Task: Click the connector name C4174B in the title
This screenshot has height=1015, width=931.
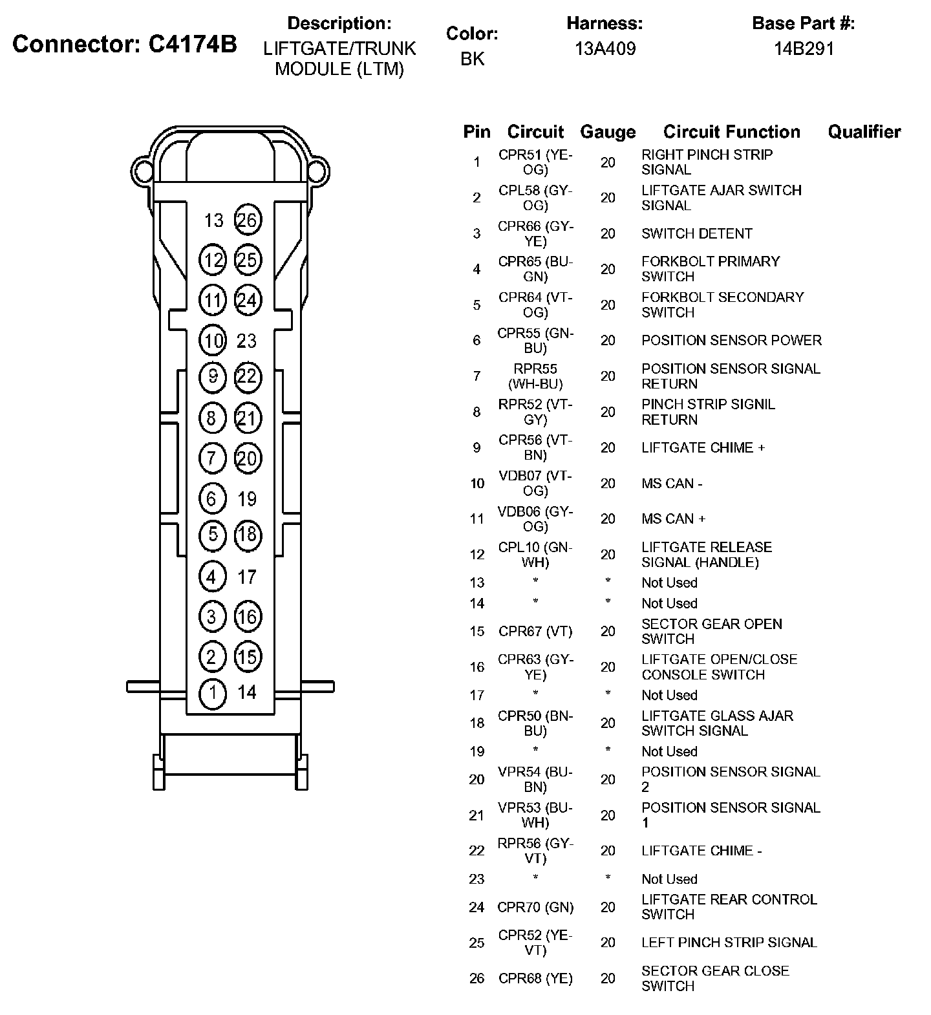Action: pos(193,44)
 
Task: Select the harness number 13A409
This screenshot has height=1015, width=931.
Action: pos(605,48)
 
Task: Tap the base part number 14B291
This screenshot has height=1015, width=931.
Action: pos(804,48)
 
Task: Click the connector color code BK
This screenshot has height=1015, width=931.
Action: pos(472,59)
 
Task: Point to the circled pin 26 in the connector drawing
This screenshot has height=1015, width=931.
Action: pos(247,220)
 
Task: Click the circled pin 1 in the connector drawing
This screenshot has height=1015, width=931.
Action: pos(213,693)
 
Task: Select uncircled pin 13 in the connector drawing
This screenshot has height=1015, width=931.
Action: pos(213,221)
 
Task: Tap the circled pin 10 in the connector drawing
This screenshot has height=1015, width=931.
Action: pos(213,341)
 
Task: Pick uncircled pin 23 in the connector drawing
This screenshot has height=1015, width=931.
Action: pos(247,341)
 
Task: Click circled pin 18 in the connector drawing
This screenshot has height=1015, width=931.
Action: pos(247,535)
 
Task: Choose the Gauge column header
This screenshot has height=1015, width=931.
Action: pos(608,132)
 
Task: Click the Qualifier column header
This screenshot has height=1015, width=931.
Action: pos(864,132)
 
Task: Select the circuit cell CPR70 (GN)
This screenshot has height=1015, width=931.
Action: pos(535,908)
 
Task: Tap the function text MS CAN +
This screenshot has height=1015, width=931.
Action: pos(673,519)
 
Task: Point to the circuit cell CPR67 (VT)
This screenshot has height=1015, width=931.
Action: pos(535,632)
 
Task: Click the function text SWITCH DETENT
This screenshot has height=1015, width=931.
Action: pos(696,233)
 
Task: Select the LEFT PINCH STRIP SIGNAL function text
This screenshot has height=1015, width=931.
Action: pos(729,943)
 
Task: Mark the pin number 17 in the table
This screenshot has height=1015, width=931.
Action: pos(477,696)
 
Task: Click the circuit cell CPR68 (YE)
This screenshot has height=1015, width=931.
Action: pos(535,979)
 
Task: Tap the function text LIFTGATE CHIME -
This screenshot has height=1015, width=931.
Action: pos(701,851)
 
